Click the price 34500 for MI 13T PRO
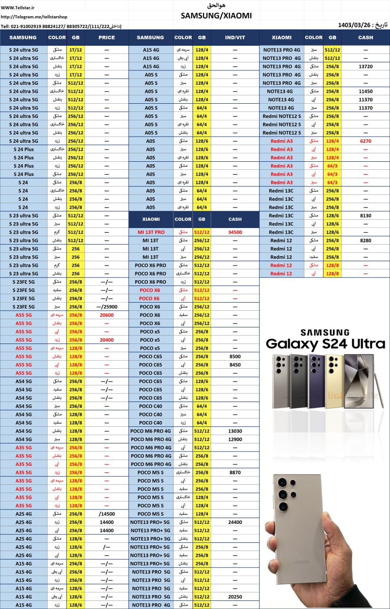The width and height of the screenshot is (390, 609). [235, 232]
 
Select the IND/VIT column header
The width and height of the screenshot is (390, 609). [235, 38]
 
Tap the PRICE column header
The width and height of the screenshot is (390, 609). [107, 38]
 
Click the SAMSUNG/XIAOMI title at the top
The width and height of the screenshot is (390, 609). [216, 16]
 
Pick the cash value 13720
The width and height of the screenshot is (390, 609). [365, 67]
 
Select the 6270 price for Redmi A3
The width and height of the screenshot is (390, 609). [365, 141]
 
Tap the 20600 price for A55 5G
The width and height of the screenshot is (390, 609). [107, 315]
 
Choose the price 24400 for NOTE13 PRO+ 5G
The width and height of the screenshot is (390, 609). [235, 522]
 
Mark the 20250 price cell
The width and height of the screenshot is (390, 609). [235, 597]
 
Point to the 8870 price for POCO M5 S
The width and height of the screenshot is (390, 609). [235, 472]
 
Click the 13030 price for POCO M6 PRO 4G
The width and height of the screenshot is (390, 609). [235, 431]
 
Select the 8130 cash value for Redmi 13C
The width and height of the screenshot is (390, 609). [365, 216]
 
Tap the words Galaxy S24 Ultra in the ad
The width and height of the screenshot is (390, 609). [325, 344]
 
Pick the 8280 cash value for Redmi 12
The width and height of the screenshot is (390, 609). [365, 241]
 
